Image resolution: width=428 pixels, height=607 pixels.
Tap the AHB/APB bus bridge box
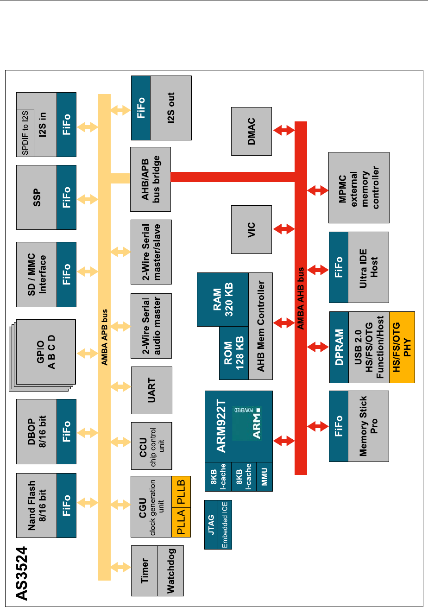pos(151,177)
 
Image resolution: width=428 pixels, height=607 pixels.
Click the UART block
pos(151,390)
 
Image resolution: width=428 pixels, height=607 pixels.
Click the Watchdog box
pos(171,571)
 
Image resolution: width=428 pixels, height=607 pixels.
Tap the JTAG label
pos(212,525)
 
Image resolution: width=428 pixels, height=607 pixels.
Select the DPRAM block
pos(339,347)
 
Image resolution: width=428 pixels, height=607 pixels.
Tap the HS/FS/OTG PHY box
pos(402,347)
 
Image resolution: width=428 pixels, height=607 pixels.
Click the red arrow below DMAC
pos(284,131)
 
